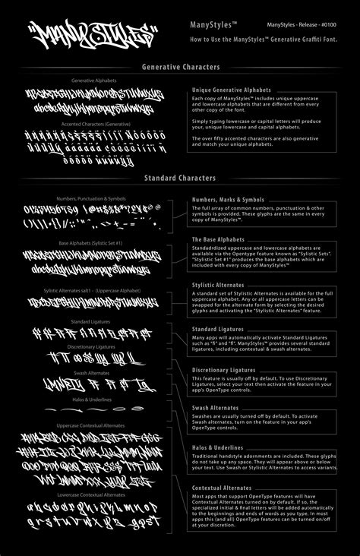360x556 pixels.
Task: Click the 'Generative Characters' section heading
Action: [179, 67]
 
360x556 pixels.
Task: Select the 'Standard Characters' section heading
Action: [179, 178]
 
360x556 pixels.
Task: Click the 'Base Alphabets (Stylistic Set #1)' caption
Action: [93, 243]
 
